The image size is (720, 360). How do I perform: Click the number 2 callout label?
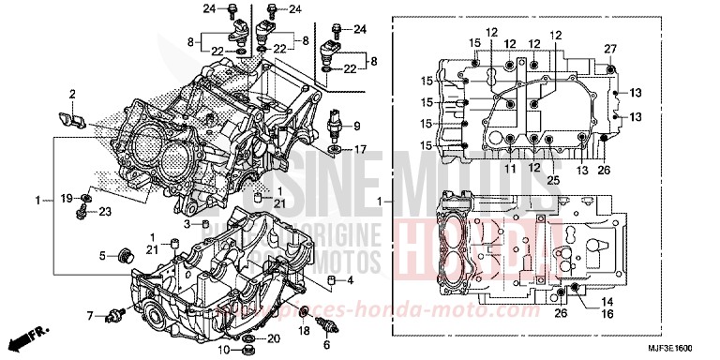click(x=71, y=94)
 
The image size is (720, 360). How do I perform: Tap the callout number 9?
click(x=357, y=126)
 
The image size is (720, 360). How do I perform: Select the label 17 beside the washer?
click(x=360, y=149)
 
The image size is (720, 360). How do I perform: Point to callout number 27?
click(x=609, y=49)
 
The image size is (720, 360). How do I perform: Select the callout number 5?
click(x=102, y=255)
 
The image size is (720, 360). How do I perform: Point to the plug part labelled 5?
click(x=120, y=254)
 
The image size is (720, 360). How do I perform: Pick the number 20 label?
click(x=274, y=337)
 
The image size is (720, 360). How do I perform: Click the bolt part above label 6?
click(x=325, y=326)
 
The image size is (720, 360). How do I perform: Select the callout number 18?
click(x=305, y=332)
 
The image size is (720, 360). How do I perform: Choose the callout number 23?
click(x=105, y=212)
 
